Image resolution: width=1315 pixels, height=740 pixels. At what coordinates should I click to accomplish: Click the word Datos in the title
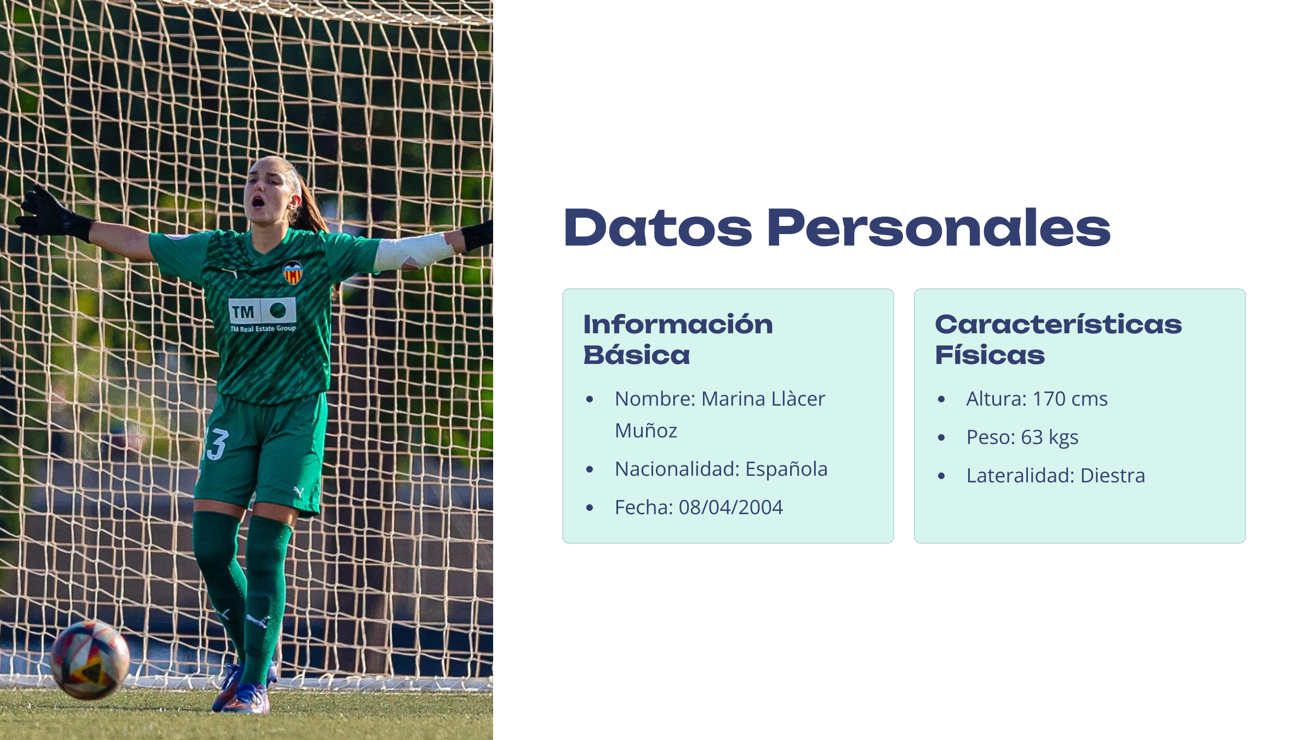658,227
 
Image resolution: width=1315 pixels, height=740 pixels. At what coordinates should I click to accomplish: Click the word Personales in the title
939,227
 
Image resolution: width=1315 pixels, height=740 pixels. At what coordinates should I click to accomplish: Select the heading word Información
678,324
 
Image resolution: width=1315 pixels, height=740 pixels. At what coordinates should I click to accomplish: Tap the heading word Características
1058,324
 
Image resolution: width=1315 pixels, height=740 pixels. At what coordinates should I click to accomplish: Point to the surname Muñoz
646,430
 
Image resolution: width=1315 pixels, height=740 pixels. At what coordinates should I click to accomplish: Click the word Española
786,469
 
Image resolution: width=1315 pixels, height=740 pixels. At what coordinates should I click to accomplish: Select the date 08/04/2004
730,508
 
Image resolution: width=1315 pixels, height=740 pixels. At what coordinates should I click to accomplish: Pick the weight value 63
1032,437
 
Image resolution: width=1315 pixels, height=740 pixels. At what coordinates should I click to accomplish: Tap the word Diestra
1112,476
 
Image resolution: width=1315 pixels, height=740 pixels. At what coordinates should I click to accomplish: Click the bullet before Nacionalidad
590,469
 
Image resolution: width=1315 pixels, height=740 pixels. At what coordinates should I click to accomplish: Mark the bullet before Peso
941,437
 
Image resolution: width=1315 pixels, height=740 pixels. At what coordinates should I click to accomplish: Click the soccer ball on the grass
90,659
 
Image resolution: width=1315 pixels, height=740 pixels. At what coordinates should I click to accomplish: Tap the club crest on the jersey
293,272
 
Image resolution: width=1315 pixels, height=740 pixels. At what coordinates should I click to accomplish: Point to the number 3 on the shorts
216,444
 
